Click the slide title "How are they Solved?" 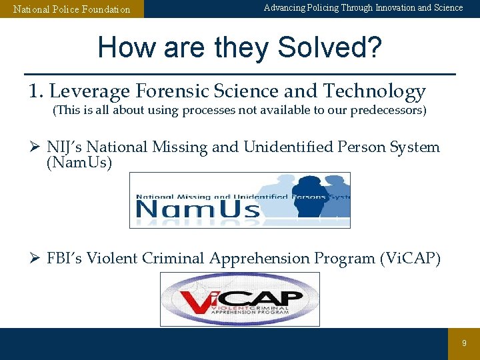pos(239,48)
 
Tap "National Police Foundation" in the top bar pos(72,9)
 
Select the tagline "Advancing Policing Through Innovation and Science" pos(363,8)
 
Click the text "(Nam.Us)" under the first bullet pos(79,162)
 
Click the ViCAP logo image pos(239,299)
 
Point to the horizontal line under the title pos(239,73)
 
